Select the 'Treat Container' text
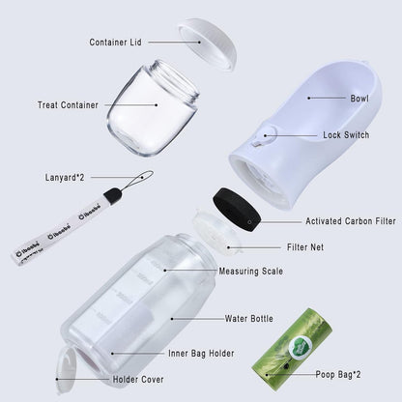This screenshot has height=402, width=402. click(x=68, y=105)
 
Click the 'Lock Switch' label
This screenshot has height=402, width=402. click(x=345, y=135)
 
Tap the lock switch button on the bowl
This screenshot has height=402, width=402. click(x=259, y=140)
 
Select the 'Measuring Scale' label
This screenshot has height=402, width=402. click(x=250, y=272)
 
